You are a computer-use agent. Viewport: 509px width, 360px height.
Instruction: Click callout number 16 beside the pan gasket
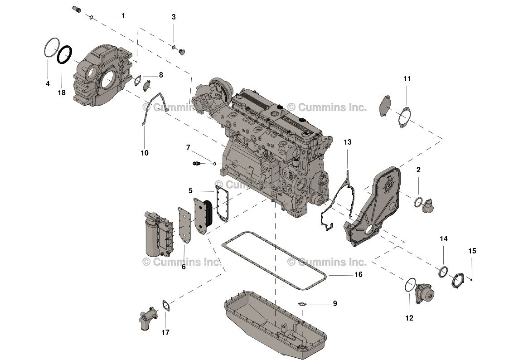[358, 275]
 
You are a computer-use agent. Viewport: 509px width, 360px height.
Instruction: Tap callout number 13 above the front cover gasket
[347, 142]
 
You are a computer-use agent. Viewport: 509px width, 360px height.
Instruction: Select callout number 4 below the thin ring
[48, 84]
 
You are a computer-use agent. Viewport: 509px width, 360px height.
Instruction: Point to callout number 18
[61, 92]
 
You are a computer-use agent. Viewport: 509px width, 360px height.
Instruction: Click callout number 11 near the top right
[407, 79]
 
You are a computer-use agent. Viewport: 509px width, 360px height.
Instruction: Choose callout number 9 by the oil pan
[335, 304]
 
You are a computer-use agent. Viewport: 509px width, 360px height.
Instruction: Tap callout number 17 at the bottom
[165, 332]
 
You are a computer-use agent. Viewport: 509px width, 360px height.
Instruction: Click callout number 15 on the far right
[472, 251]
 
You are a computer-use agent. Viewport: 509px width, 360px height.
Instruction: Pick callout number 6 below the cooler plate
[184, 267]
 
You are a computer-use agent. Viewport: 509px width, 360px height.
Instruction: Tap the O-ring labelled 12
[409, 285]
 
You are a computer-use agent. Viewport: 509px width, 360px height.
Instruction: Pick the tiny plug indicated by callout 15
[472, 279]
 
